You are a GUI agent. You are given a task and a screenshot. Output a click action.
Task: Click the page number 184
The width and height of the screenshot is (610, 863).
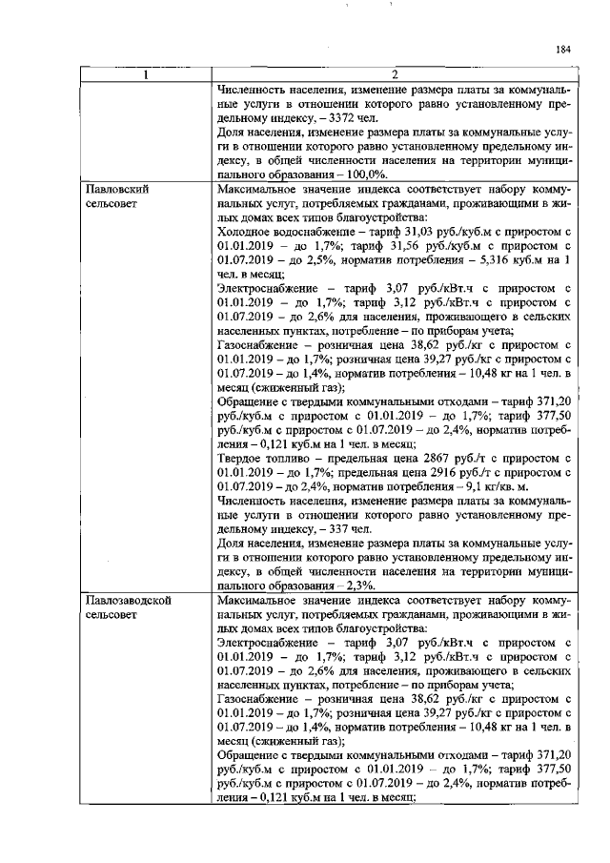click(x=563, y=50)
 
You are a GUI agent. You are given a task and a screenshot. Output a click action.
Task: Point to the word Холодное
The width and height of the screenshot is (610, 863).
click(x=245, y=232)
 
